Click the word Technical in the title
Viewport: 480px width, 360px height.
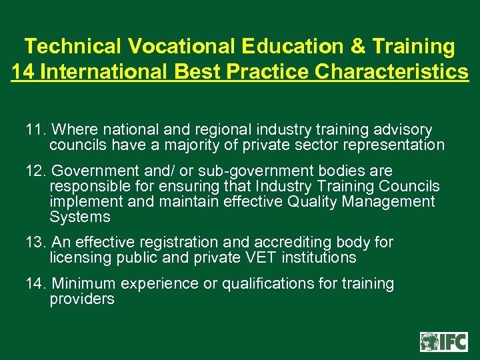coord(73,47)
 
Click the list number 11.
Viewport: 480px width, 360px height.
coord(35,129)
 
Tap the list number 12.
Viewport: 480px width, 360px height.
coord(35,171)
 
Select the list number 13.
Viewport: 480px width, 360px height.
coord(35,242)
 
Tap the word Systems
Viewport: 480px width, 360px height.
coord(80,217)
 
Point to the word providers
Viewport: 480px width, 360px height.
coord(82,299)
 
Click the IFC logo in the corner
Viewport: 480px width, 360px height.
coord(444,341)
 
